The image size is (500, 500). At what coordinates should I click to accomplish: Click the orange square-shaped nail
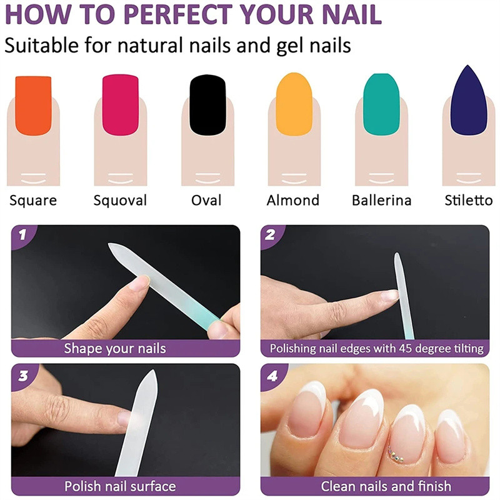coord(33,106)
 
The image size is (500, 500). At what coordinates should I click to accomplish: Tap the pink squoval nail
coord(120,105)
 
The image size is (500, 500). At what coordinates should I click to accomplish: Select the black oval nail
coord(207,105)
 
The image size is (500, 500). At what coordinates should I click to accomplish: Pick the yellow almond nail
coord(294,104)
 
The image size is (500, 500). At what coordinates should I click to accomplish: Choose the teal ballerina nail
coord(381,104)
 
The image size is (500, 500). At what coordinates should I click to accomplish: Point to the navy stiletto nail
coord(468,101)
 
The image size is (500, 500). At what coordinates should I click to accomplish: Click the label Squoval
coord(120,201)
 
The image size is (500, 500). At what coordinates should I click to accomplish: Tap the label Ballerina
coord(381,200)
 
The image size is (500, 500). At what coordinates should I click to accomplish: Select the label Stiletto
coord(468,200)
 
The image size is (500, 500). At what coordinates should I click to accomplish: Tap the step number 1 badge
coord(22,235)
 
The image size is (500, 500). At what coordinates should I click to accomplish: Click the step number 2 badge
coord(271,235)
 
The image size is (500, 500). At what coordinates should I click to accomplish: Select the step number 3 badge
coord(23,376)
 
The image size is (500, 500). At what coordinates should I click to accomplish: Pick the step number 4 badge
coord(272,376)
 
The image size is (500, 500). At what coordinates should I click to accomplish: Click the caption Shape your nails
coord(115,349)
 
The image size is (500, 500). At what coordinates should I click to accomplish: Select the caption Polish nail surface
coord(120,486)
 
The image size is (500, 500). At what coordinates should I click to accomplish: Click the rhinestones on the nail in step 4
coord(396,454)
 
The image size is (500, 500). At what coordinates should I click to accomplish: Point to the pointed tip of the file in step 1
coord(109,244)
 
